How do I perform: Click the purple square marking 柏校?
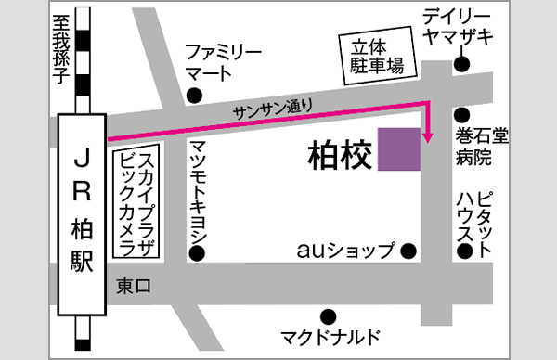[399, 149]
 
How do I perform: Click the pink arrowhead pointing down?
[427, 138]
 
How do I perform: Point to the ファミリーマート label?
[223, 61]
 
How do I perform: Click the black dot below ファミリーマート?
[194, 96]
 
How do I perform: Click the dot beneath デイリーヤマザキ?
[461, 64]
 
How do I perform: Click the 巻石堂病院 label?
[480, 148]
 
